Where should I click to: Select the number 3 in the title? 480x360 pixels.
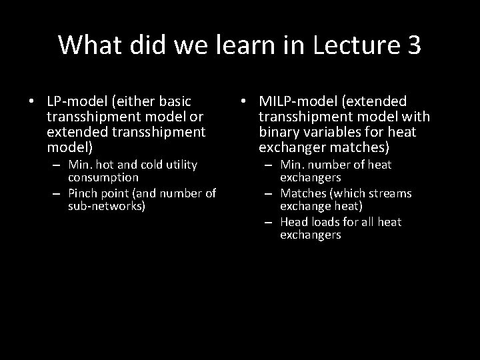(x=412, y=45)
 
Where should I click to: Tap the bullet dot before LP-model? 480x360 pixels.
(x=32, y=102)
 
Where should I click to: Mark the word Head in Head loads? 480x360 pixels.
(x=294, y=222)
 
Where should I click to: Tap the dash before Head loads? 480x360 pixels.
(x=270, y=222)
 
